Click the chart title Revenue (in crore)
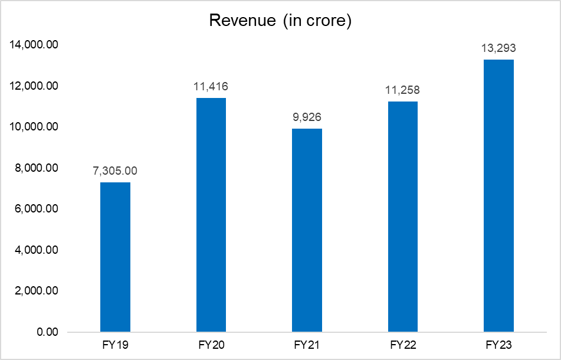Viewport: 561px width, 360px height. click(x=280, y=21)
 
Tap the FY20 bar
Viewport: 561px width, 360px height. click(x=211, y=215)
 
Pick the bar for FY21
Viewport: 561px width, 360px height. click(x=307, y=230)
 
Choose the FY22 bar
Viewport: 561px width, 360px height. click(x=403, y=217)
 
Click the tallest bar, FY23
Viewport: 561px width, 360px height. click(x=498, y=196)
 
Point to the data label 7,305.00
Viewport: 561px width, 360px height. click(x=115, y=171)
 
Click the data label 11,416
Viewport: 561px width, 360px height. click(x=211, y=87)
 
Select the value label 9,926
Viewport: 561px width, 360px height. click(x=307, y=117)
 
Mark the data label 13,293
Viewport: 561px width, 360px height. click(x=498, y=48)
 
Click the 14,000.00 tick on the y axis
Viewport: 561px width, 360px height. click(x=34, y=45)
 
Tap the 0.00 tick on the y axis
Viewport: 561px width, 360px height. click(x=47, y=332)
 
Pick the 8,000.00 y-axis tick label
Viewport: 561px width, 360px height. click(x=36, y=168)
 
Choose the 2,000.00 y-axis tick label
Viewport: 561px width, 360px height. click(x=36, y=291)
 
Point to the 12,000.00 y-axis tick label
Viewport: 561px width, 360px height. click(x=34, y=86)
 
